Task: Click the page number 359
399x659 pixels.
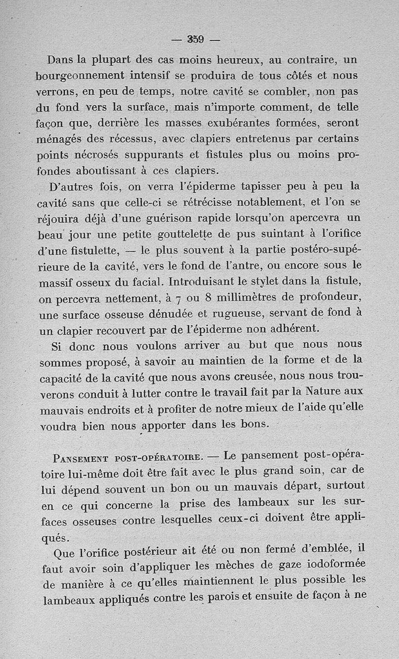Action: click(197, 39)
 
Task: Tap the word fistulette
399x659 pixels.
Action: click(94, 249)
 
